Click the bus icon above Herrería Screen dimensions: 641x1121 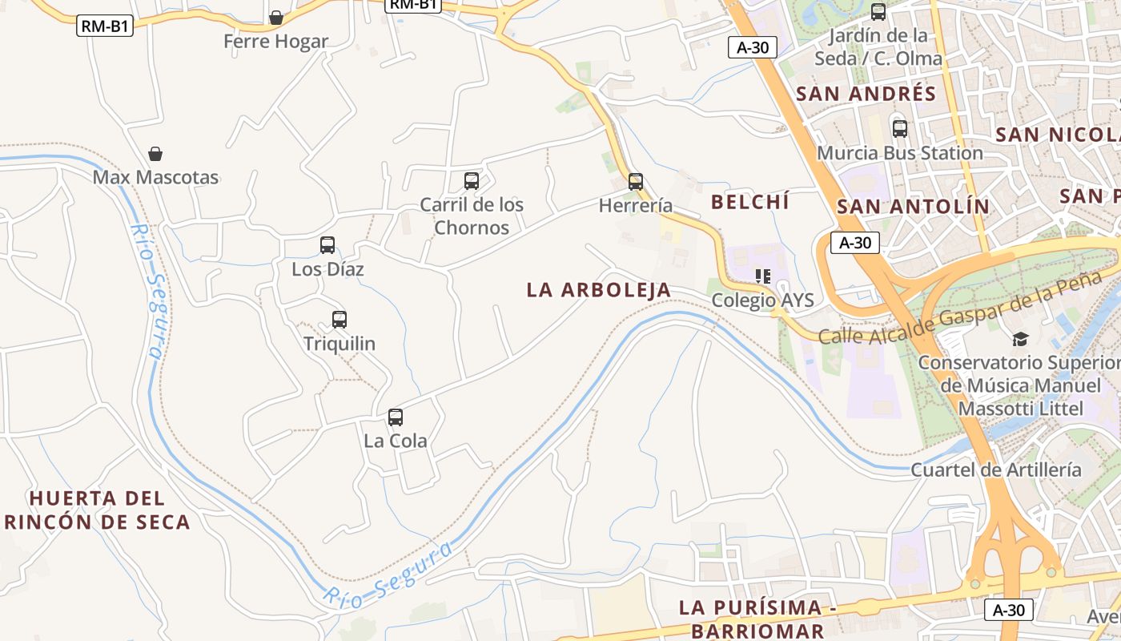click(x=635, y=182)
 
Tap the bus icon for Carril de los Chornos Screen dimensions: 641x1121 click(x=472, y=181)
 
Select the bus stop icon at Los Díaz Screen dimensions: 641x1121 click(x=327, y=245)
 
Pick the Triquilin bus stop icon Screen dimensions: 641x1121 click(x=340, y=320)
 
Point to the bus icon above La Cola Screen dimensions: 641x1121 click(x=396, y=417)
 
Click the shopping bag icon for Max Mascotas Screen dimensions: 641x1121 click(x=155, y=154)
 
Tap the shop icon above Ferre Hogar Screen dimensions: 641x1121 click(x=276, y=18)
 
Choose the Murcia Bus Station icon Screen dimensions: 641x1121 click(x=900, y=129)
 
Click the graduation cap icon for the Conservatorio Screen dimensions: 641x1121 click(x=1020, y=339)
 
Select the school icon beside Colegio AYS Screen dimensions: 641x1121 click(x=763, y=277)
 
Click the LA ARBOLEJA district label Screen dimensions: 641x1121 click(x=599, y=290)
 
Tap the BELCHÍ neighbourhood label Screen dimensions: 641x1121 click(x=750, y=202)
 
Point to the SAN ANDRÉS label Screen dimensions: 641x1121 click(x=866, y=94)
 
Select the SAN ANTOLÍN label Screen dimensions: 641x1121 click(x=913, y=207)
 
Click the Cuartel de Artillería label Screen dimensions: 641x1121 click(x=995, y=470)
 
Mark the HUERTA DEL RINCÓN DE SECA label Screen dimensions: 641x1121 click(x=97, y=510)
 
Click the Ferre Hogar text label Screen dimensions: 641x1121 click(x=275, y=42)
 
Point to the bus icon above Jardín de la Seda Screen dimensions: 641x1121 click(x=878, y=12)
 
